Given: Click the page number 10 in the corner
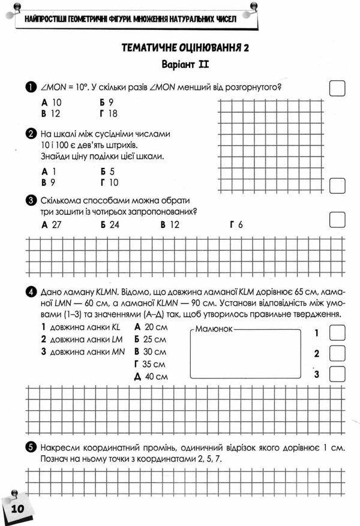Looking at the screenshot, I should coord(16,508).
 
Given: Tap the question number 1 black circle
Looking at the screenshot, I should coord(31,88).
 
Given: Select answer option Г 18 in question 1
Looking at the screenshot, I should coord(109,113).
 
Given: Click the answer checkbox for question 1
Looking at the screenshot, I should coord(338,88).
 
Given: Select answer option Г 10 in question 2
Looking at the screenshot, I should coord(110,182).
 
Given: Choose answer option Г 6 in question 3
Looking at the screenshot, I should coord(236,225).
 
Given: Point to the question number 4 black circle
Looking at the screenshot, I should coord(31,292).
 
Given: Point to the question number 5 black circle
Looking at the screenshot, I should coord(31,447).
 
